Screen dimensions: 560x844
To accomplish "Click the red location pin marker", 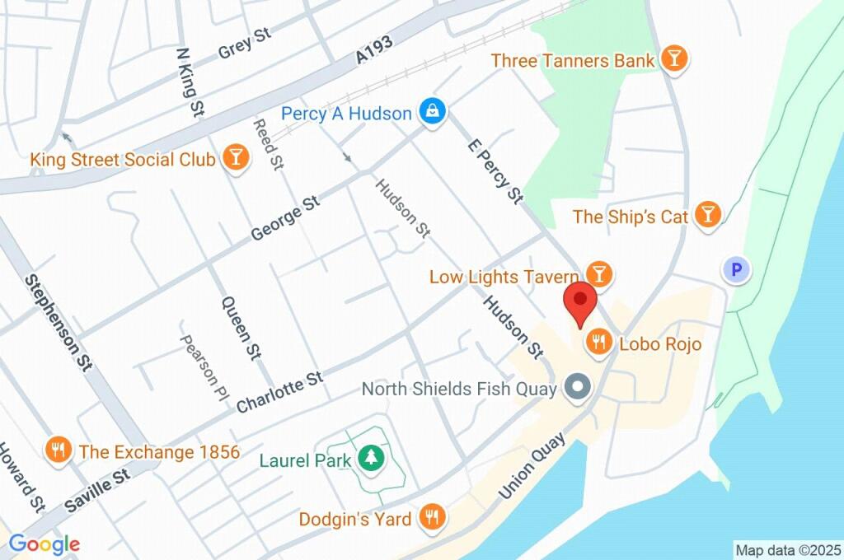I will (x=580, y=303).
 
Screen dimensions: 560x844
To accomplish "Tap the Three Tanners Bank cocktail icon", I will (x=674, y=60).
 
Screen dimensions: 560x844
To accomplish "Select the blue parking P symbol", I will (x=737, y=269).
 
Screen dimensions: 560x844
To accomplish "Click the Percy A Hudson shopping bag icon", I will (x=430, y=113).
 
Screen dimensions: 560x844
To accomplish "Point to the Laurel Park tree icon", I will (x=371, y=460).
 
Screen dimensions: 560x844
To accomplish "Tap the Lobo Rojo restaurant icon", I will (x=598, y=342).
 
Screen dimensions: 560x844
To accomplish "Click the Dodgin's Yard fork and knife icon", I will (x=431, y=518).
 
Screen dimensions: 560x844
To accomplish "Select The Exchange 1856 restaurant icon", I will (x=58, y=450).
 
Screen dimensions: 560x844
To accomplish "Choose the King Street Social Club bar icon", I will (x=236, y=158).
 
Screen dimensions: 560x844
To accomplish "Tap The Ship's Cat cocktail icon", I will (x=706, y=216).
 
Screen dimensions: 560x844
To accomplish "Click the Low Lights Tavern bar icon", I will (x=599, y=275).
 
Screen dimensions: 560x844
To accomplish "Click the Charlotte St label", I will (x=279, y=392).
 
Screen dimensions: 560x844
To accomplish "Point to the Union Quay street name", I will (x=532, y=466).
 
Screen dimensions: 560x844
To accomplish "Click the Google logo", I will (x=44, y=544).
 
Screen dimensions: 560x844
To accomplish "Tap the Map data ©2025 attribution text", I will (x=787, y=549).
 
